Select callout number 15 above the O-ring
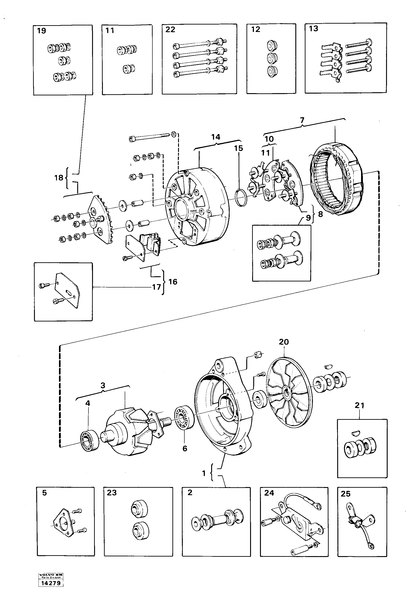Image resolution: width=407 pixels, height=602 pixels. [238, 148]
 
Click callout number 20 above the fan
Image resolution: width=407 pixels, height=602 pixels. [284, 342]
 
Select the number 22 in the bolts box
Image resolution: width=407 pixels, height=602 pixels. [170, 29]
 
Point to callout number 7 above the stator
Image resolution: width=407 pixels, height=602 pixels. [302, 120]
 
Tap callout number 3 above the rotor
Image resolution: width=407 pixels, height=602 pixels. [103, 385]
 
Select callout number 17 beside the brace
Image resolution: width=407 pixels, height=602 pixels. [156, 287]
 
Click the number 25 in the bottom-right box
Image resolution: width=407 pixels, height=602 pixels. [346, 494]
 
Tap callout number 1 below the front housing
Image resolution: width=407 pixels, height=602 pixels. [204, 473]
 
